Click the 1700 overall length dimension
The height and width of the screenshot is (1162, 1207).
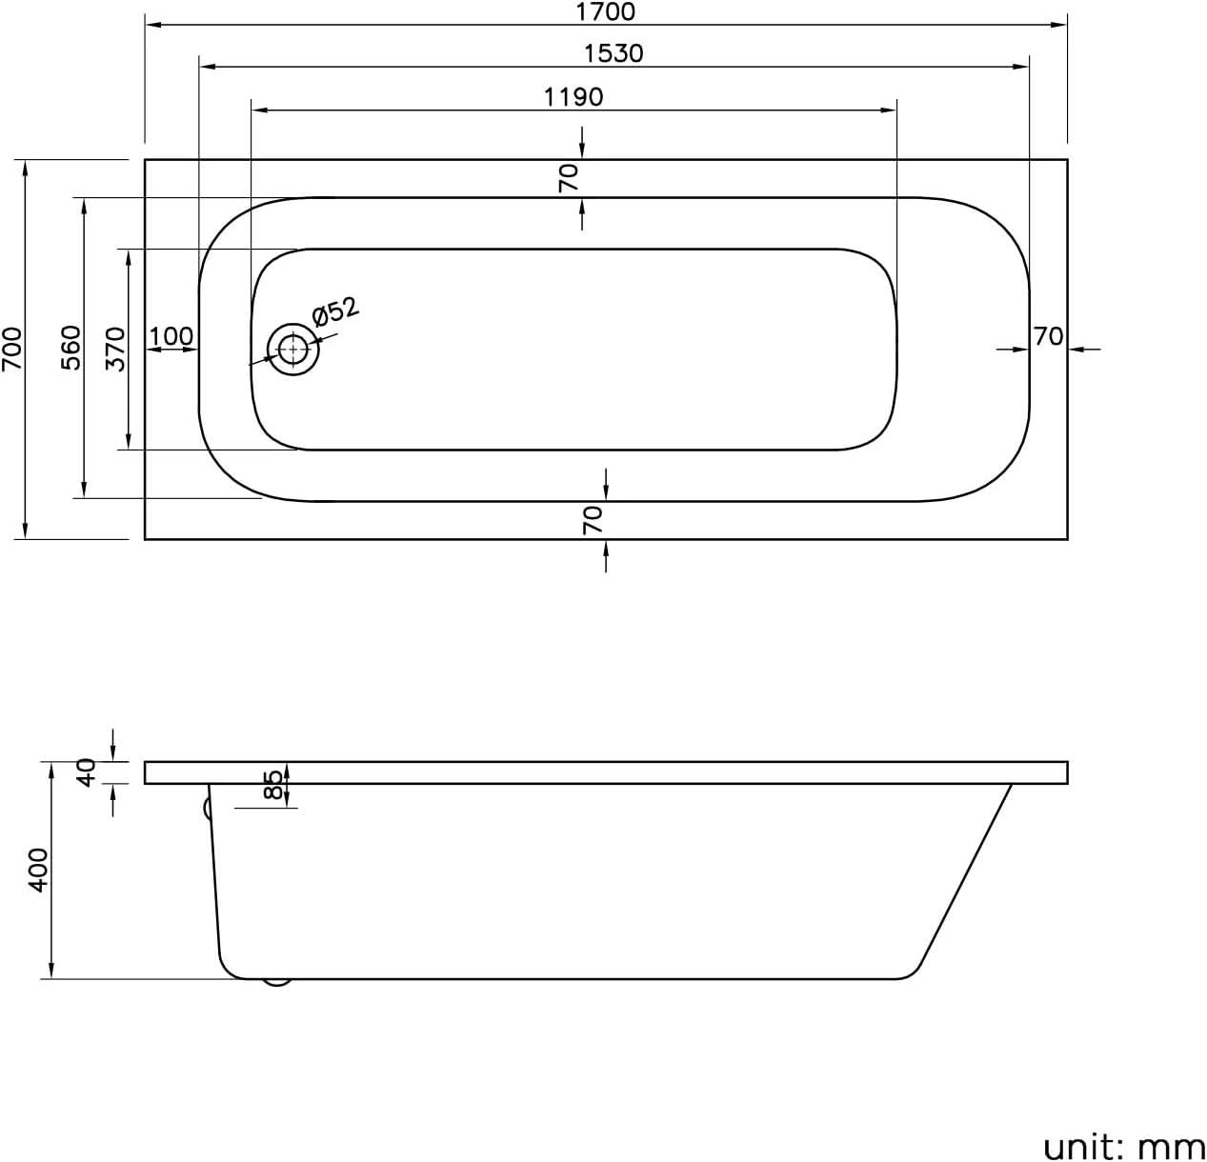[606, 11]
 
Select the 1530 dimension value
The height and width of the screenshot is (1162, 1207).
[614, 53]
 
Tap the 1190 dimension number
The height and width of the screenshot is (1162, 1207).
[573, 96]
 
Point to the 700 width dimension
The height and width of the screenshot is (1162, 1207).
[11, 349]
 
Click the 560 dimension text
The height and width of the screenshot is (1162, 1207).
[71, 349]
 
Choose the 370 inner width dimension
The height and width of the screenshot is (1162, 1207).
[115, 349]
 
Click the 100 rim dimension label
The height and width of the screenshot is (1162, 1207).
[171, 336]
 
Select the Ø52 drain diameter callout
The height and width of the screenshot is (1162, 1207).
[334, 311]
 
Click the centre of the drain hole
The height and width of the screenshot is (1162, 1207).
[293, 350]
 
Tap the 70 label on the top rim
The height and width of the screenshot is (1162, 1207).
[569, 178]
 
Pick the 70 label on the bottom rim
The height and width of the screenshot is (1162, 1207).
[593, 519]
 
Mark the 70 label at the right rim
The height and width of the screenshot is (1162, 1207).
[1048, 336]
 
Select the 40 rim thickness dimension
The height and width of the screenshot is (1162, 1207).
[87, 771]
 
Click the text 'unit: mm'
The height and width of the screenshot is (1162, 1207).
[1124, 1146]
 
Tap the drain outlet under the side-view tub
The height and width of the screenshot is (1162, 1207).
[276, 981]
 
